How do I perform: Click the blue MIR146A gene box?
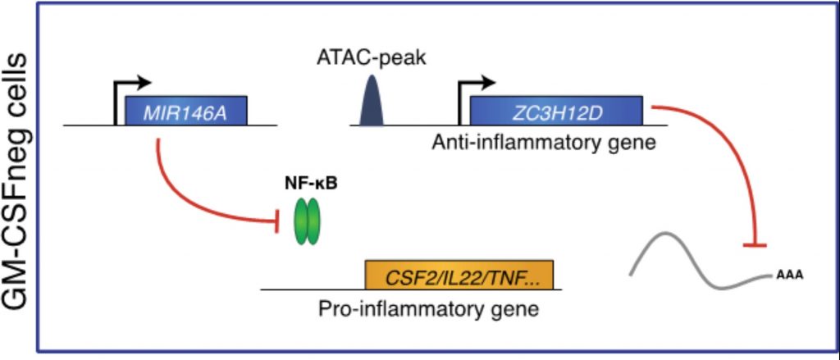coord(186,111)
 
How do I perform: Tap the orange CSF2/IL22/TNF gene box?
coord(459,275)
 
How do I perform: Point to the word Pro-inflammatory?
coord(386,309)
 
